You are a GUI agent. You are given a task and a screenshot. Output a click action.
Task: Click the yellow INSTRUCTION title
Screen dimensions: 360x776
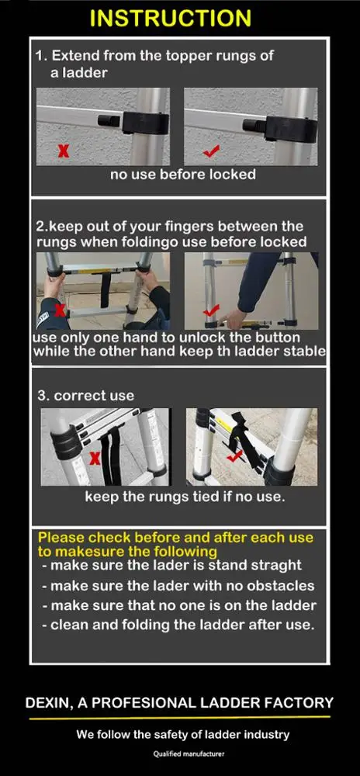(171, 19)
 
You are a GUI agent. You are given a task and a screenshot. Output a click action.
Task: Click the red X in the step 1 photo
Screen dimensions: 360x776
(63, 151)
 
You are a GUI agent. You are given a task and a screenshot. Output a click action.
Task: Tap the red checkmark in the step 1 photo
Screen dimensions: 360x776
(211, 151)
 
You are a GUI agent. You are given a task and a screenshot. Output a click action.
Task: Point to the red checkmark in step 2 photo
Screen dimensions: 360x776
(211, 311)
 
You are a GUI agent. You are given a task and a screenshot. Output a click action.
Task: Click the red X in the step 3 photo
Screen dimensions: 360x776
(95, 459)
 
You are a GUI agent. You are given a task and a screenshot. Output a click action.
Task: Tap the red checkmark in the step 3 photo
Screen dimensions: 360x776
(234, 456)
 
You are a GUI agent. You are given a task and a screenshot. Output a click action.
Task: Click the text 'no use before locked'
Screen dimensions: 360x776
(182, 174)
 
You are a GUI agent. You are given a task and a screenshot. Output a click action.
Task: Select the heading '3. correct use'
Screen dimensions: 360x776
(86, 396)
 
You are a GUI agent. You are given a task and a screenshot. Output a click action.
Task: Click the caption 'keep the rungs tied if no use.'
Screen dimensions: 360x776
(185, 497)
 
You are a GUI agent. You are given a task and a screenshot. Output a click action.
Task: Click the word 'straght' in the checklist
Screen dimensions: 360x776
(276, 565)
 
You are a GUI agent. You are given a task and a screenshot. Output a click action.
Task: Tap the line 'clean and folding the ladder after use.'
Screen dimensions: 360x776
(178, 625)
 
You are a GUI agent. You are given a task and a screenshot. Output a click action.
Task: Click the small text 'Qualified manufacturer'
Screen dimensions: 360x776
(189, 753)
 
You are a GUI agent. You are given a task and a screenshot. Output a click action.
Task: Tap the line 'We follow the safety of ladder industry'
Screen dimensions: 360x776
(182, 734)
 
